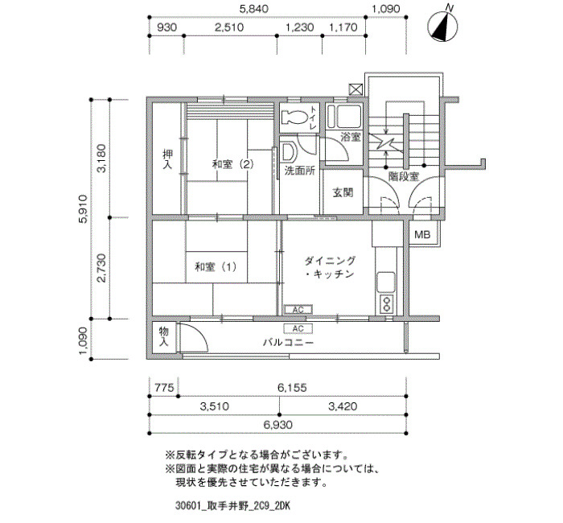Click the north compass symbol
coord(442,26)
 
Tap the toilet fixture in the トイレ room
coord(294,117)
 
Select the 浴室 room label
coord(351,137)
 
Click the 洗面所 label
coord(300,171)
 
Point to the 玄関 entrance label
coord(343,192)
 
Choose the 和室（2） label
coord(233,164)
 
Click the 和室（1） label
coord(216,267)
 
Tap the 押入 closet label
coord(167,159)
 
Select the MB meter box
coord(422,235)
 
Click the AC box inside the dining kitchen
coord(298,310)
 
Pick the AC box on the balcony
coord(298,328)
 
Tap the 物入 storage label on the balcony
coord(164,336)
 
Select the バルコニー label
coord(288,342)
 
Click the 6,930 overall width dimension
coord(278,425)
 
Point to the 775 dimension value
coord(164,388)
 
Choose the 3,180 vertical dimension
coord(102,158)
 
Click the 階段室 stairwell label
coord(404,177)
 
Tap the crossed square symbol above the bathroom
coord(355,89)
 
